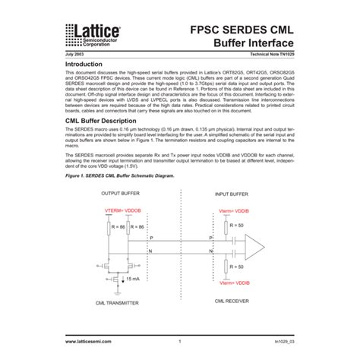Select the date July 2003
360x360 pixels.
coord(74,57)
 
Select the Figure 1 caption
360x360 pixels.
coord(119,177)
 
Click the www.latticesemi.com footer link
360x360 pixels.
coord(92,343)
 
